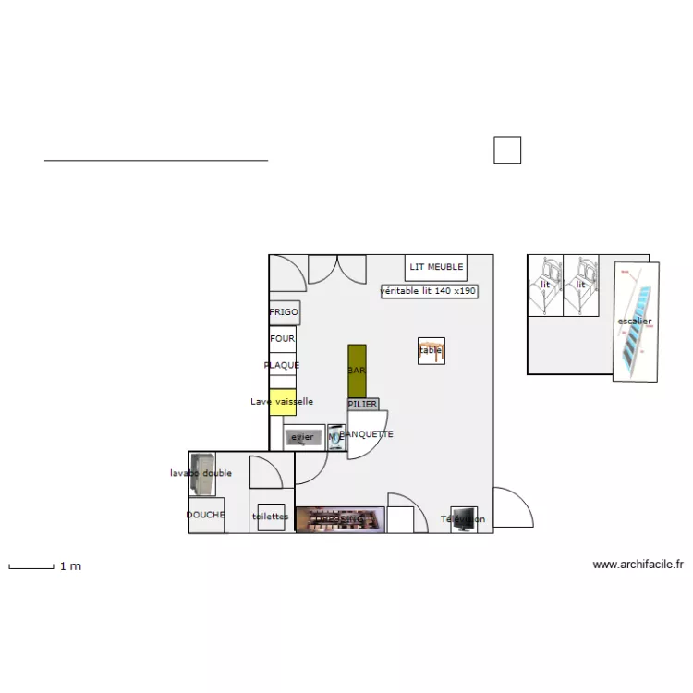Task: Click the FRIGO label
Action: (284, 312)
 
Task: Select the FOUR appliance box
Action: (283, 339)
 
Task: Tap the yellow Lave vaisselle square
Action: (283, 402)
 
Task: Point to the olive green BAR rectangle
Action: (357, 371)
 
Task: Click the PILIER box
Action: (362, 405)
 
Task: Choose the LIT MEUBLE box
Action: (436, 267)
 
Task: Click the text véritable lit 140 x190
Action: (429, 291)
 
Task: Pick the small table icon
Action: (432, 350)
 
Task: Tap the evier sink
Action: (303, 437)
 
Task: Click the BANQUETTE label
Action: (367, 434)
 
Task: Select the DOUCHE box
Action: (206, 515)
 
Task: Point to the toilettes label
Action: (270, 517)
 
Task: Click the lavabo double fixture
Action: (202, 473)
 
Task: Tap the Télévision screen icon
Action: (463, 519)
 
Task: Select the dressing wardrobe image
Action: (340, 519)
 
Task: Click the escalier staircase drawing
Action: (636, 322)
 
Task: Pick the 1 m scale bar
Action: (31, 566)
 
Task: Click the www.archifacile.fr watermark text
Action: (638, 565)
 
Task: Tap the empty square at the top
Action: (507, 150)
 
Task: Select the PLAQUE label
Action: (282, 365)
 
